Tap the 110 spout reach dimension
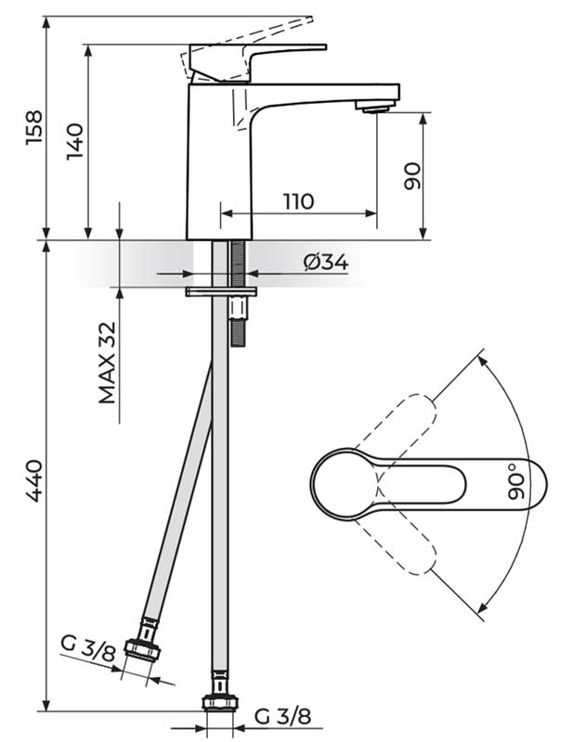298,201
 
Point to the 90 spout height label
412,174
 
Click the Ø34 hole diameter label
325,262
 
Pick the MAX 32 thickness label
108,363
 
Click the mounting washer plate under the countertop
220,291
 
